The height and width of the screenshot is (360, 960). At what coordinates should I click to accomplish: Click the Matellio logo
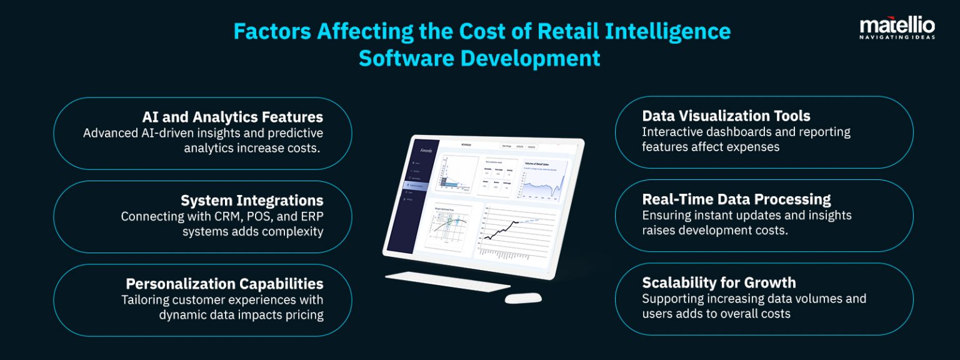tap(897, 26)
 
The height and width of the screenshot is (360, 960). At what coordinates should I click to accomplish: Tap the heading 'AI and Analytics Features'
tap(232, 117)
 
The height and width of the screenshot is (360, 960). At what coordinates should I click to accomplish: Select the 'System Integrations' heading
tap(252, 201)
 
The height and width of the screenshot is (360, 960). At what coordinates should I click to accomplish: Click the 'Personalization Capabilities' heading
tap(224, 284)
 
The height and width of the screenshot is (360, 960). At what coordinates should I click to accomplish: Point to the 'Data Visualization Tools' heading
tap(726, 116)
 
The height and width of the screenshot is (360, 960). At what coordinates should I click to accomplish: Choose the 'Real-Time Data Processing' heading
tap(736, 199)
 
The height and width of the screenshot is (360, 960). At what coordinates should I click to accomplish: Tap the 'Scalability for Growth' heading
tap(719, 282)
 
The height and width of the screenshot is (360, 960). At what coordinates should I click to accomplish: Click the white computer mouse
tap(522, 298)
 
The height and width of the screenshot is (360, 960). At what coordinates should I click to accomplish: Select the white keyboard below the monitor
tap(440, 282)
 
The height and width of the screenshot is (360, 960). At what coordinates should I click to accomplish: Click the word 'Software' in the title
tap(406, 57)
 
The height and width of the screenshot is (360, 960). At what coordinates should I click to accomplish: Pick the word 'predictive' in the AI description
tap(290, 132)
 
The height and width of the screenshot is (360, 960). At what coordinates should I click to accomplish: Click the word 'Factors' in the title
tap(272, 31)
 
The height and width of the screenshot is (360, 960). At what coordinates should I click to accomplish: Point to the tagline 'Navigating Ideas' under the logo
tap(897, 37)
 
